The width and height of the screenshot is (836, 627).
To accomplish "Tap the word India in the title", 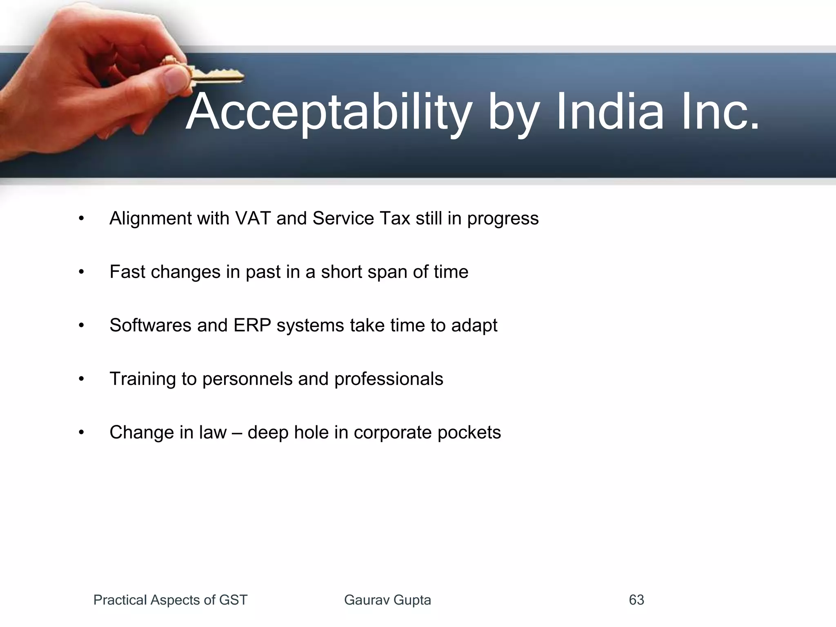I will coord(610,111).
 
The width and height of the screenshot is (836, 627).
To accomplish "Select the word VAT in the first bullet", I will coord(253,218).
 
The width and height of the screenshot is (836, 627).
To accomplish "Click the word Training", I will coord(143,379).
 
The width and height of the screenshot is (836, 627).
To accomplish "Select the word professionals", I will coord(389,379).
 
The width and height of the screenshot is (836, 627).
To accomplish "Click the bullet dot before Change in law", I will coord(81,433).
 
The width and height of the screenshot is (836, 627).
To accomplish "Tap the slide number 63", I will coord(636,600).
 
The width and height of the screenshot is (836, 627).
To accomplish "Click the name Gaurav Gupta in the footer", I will coord(387,600).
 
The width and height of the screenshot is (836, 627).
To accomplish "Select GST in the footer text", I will coord(233,600).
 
